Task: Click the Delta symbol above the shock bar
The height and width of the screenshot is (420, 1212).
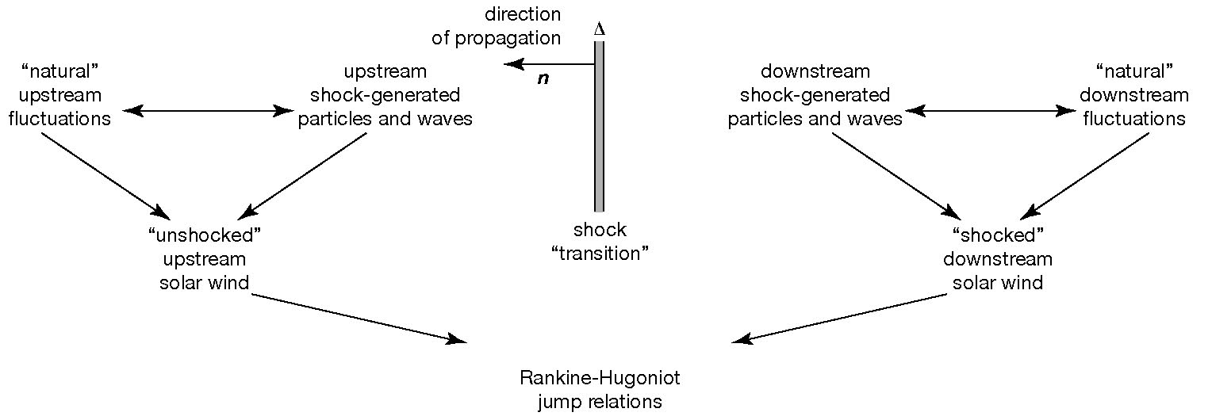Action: (x=600, y=29)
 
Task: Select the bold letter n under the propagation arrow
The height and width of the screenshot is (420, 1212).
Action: (x=543, y=80)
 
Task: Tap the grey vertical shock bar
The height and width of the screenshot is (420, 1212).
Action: (x=600, y=127)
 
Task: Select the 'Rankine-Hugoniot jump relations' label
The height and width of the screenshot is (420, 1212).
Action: (x=600, y=389)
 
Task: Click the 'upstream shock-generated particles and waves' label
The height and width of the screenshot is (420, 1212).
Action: (x=385, y=96)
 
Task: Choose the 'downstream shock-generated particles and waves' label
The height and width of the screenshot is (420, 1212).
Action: (x=815, y=96)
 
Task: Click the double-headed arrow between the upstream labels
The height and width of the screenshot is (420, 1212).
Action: (x=205, y=112)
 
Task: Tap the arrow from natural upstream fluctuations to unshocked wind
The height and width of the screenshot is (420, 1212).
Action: (x=104, y=175)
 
